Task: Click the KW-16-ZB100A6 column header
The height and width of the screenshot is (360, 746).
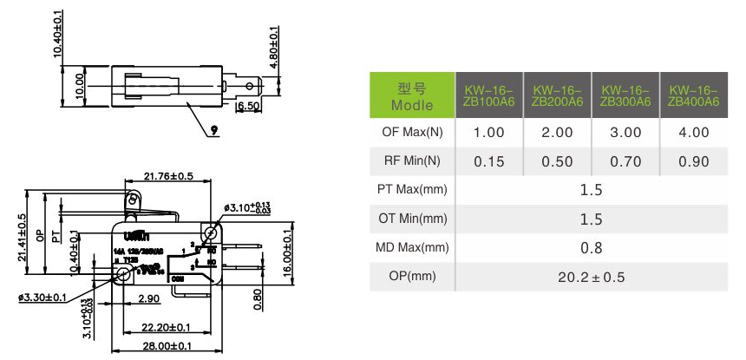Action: point(488,95)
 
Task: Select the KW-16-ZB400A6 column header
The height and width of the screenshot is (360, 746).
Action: point(693,95)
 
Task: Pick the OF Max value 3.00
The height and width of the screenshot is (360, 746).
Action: point(625,133)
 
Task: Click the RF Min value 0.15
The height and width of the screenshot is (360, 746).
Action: point(488,161)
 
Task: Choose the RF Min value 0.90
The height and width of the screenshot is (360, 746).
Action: point(693,161)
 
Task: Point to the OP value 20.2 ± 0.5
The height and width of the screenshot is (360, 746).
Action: point(591,277)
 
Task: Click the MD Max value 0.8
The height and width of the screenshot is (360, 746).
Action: point(591,248)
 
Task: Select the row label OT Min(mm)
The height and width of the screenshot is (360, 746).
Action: point(412,219)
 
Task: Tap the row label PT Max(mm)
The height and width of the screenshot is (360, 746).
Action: point(412,190)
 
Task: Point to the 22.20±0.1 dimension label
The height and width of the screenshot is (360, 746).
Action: point(167,327)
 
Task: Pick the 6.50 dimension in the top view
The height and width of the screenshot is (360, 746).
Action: point(248,106)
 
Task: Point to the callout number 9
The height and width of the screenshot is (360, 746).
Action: point(213,131)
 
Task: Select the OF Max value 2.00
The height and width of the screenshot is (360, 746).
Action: point(557,133)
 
